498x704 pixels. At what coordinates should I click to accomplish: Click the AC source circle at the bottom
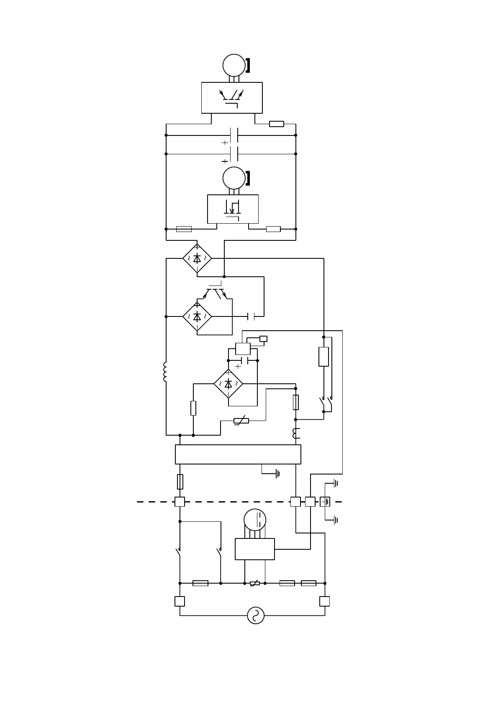tap(256, 615)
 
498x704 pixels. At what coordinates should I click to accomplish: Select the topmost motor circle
tap(234, 65)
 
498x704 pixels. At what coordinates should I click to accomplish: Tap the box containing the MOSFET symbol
tap(233, 209)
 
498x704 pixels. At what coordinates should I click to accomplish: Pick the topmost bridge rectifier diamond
tap(197, 259)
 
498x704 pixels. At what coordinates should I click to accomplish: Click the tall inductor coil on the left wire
tap(166, 372)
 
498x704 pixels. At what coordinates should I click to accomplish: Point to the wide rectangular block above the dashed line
tap(238, 454)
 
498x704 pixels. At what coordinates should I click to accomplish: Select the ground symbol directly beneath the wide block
tap(277, 474)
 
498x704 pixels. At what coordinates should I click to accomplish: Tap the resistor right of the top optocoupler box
tap(277, 124)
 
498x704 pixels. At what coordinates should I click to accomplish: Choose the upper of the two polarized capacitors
tap(234, 135)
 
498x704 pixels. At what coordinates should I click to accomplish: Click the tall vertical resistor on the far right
tap(323, 357)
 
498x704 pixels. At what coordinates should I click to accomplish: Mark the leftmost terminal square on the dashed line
tap(180, 502)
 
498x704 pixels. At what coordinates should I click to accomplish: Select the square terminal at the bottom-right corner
tap(325, 601)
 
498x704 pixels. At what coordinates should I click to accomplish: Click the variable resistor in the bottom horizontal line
tap(254, 583)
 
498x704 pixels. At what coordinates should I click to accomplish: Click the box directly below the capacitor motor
tap(254, 549)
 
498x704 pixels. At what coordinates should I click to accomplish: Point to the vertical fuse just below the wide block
tap(180, 482)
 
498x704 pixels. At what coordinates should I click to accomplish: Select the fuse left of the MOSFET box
tap(184, 229)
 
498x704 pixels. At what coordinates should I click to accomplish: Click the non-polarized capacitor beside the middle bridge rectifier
tap(251, 316)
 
